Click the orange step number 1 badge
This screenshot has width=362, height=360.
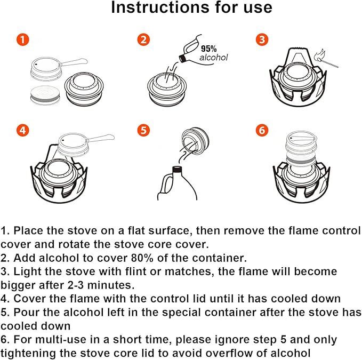22,39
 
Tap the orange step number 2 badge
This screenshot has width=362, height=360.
143,39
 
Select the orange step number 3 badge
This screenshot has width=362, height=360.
262,39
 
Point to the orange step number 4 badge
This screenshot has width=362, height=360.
22,130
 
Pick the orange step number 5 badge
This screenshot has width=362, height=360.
143,130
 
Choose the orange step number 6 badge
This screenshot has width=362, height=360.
262,130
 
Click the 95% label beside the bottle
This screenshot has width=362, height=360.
208,49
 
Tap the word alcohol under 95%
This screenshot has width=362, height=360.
214,57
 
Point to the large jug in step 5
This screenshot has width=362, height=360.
177,183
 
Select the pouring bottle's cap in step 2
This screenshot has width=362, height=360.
183,58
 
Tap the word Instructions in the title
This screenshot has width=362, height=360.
160,7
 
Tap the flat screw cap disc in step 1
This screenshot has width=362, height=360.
45,95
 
